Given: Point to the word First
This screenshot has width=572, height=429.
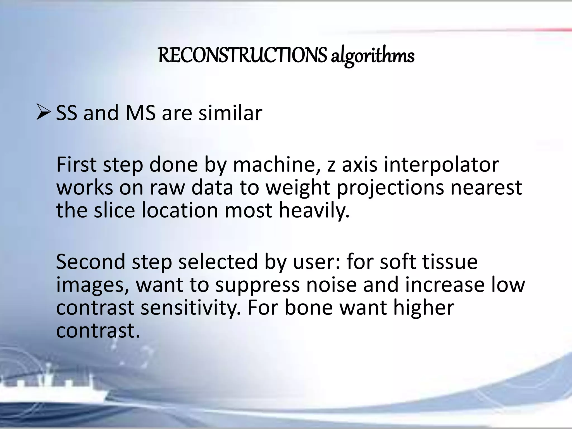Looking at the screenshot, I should (x=76, y=165).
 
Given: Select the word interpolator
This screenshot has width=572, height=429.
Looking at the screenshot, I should (x=441, y=165).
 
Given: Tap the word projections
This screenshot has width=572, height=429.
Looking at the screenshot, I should (x=390, y=188).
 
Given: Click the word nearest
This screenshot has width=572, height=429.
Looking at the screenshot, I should (x=486, y=188).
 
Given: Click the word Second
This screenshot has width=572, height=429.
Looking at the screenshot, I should (x=90, y=262).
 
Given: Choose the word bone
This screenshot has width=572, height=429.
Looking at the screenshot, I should (x=308, y=308).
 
